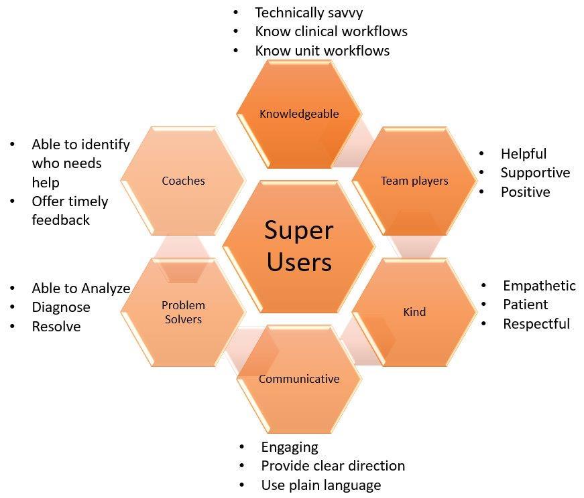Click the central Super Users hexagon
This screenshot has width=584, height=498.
coord(298,246)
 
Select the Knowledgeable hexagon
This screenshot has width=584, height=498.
coord(299,114)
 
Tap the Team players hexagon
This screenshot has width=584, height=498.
coord(414,181)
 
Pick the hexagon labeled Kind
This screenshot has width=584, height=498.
coord(414,312)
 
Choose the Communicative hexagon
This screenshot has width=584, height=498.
coord(299,379)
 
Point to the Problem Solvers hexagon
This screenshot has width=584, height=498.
coord(183,313)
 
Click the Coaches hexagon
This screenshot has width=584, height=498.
coord(183,181)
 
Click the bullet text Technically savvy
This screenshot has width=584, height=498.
coord(308,12)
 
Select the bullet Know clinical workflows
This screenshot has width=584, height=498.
coord(331,31)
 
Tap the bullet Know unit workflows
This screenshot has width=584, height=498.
coord(322,51)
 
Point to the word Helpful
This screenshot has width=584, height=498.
coord(523,154)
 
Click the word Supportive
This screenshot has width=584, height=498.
coord(535,173)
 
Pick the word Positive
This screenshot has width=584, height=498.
coord(525,192)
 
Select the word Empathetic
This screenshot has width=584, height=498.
coord(539,286)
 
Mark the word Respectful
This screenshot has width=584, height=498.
coord(536,324)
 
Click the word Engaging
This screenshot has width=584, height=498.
coord(290,446)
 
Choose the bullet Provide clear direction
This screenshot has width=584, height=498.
coord(333,466)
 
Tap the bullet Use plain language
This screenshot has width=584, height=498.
coord(320,485)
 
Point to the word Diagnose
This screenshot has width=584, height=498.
coord(60,307)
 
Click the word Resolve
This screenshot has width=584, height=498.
coord(56,327)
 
